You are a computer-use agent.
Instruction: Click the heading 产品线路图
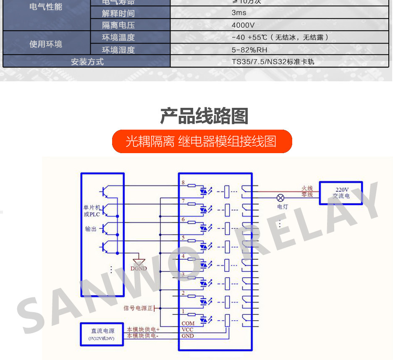(x=204, y=116)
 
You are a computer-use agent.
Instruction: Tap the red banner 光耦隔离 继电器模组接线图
(x=202, y=141)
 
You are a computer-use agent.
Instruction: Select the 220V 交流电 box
(x=341, y=193)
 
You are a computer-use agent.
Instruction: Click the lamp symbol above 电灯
(x=280, y=198)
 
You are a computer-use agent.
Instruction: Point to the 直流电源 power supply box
(x=102, y=334)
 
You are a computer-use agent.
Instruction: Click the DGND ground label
(x=139, y=269)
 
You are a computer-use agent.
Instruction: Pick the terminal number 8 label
(x=183, y=183)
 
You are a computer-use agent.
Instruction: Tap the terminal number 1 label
(x=183, y=311)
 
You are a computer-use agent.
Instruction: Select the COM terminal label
(x=188, y=323)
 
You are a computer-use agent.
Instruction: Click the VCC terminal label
(x=187, y=329)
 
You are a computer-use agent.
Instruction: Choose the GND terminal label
(x=188, y=336)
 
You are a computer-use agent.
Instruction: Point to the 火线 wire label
(x=307, y=189)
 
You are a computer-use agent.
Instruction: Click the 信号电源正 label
(x=138, y=308)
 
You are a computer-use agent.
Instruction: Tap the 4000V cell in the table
(x=243, y=25)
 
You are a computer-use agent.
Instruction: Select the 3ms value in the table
(x=239, y=13)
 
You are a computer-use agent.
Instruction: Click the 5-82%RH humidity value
(x=249, y=50)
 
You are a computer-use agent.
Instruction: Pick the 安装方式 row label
(x=87, y=62)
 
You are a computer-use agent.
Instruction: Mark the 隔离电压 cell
(x=118, y=25)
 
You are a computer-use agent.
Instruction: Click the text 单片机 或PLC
(x=92, y=211)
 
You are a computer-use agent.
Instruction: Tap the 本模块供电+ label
(x=143, y=329)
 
